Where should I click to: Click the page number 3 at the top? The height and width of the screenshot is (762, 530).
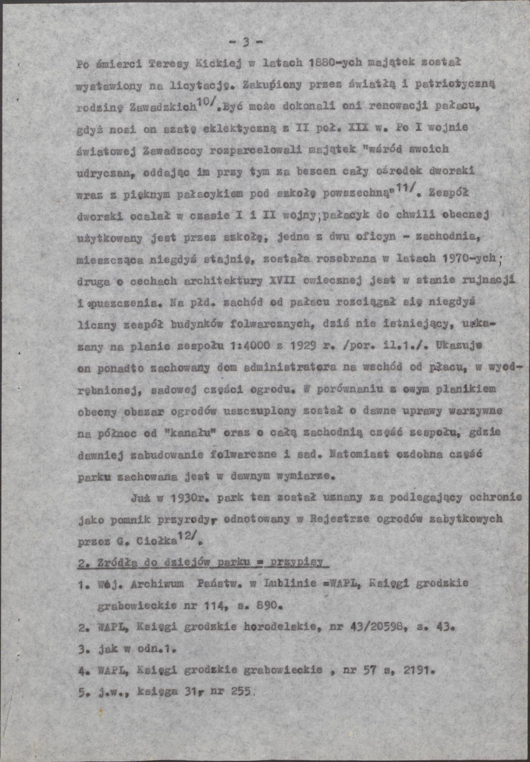[x=245, y=43]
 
